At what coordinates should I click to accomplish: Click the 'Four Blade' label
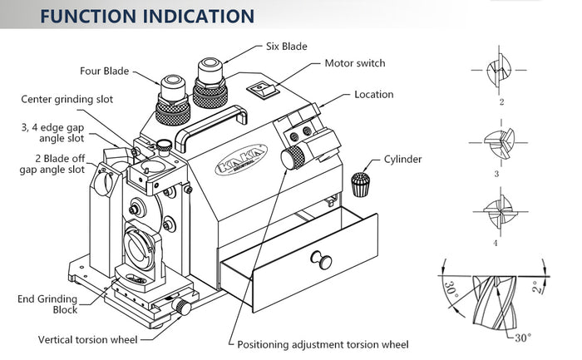[x=104, y=71]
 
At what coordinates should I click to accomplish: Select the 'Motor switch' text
[x=354, y=63]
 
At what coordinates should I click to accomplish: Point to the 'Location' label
[x=373, y=94]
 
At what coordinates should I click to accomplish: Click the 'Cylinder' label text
[x=402, y=159]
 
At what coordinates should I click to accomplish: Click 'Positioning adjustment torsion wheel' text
[x=323, y=344]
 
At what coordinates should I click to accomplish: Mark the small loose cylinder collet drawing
[x=360, y=184]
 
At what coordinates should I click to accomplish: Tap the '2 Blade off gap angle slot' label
[x=52, y=163]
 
